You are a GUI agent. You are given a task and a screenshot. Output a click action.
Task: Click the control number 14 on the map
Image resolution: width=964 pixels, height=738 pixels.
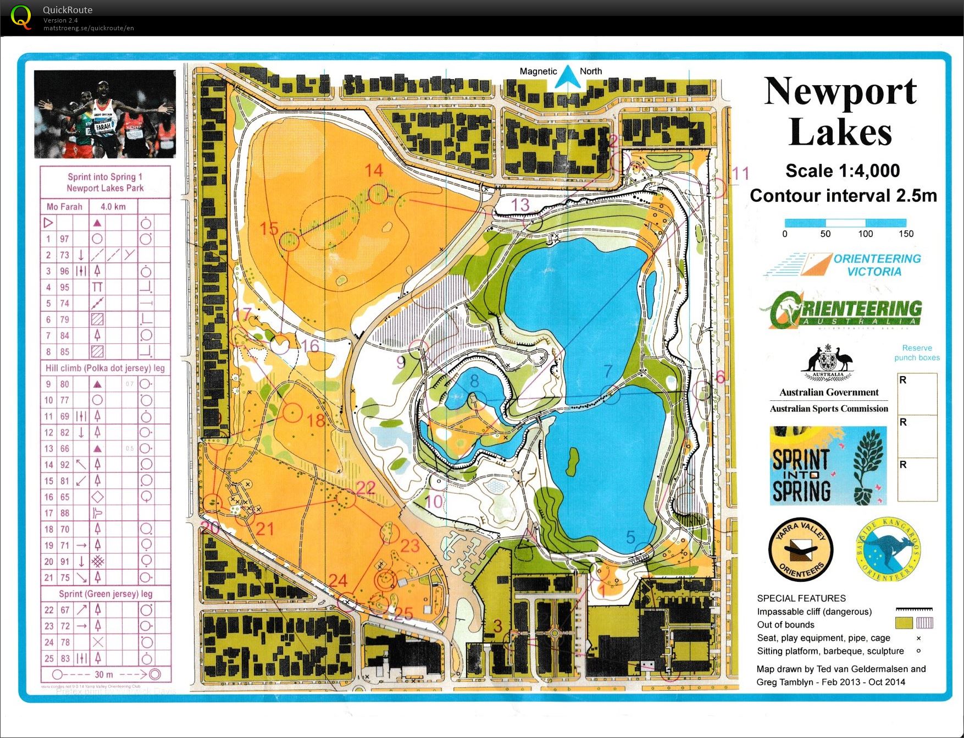[x=374, y=170]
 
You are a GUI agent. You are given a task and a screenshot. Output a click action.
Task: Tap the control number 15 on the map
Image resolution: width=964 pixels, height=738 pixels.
[x=269, y=228]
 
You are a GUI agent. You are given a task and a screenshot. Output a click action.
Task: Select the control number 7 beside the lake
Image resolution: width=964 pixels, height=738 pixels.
[x=607, y=371]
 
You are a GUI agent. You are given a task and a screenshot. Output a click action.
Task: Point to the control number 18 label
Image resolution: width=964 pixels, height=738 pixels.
[x=315, y=421]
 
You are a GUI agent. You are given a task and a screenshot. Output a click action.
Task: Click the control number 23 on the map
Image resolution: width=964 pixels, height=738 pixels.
[x=409, y=546]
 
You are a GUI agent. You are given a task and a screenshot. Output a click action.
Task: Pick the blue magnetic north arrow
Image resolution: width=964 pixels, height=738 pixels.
[x=564, y=77]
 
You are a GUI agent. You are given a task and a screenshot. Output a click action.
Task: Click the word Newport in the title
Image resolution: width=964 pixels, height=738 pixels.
[x=840, y=91]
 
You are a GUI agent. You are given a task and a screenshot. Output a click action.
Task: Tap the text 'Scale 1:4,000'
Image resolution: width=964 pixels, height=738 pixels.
[x=843, y=171]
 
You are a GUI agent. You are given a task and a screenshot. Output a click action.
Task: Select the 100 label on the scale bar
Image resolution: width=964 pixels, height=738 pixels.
[x=865, y=234]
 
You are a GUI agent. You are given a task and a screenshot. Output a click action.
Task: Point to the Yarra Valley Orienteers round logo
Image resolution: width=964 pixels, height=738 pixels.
[x=801, y=550]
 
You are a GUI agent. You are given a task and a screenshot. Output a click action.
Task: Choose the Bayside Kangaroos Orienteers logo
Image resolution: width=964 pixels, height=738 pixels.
[x=888, y=550]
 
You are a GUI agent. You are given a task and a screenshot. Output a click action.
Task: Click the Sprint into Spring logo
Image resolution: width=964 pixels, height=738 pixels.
[x=828, y=466]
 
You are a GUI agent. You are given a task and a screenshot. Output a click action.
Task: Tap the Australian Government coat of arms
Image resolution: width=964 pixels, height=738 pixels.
[x=828, y=363]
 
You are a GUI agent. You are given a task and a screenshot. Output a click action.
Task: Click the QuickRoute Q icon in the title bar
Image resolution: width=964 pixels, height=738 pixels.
[x=21, y=16]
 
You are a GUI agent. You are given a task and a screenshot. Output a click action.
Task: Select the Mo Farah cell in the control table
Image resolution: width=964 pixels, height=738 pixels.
[x=64, y=207]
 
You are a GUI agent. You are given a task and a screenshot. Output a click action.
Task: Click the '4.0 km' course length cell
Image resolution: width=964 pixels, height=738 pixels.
[x=113, y=207]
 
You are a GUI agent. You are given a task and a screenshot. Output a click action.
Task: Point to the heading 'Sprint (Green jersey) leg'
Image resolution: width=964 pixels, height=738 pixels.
[x=106, y=594]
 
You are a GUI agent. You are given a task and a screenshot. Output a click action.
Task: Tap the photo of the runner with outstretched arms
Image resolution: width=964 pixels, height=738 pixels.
[x=104, y=114]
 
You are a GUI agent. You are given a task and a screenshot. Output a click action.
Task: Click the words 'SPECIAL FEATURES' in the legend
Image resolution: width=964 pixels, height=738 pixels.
[x=801, y=598]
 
